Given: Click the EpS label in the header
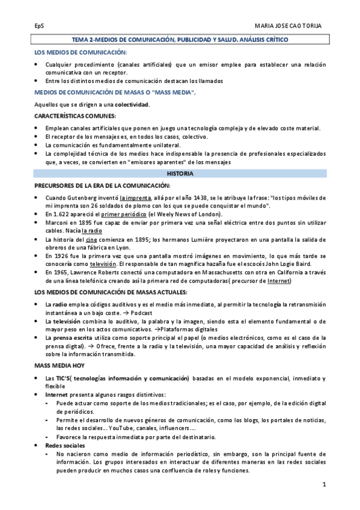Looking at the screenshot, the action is point(38,26).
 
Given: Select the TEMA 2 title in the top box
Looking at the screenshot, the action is point(180,39).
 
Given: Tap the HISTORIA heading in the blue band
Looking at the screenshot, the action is point(180,173).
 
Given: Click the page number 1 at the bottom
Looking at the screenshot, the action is point(323,484).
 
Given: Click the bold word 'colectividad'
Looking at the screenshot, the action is point(132,104).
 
